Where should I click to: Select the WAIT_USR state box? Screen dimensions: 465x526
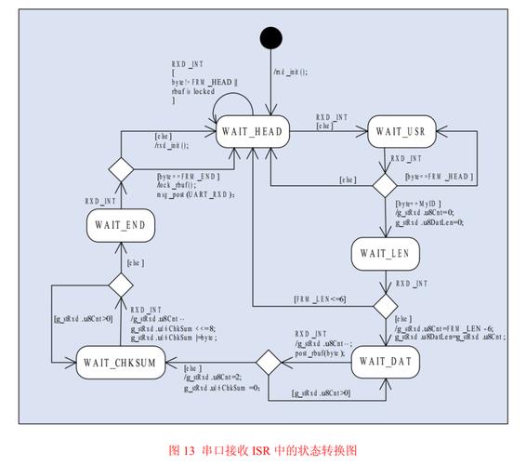402,133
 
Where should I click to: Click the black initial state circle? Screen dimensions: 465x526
270,39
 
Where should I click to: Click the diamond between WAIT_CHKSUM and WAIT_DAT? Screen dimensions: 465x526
268,361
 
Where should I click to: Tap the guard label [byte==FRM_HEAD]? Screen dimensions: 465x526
439,176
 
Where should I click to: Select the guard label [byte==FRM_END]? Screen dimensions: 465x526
188,176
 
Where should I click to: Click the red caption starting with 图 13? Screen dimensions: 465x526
263,449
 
